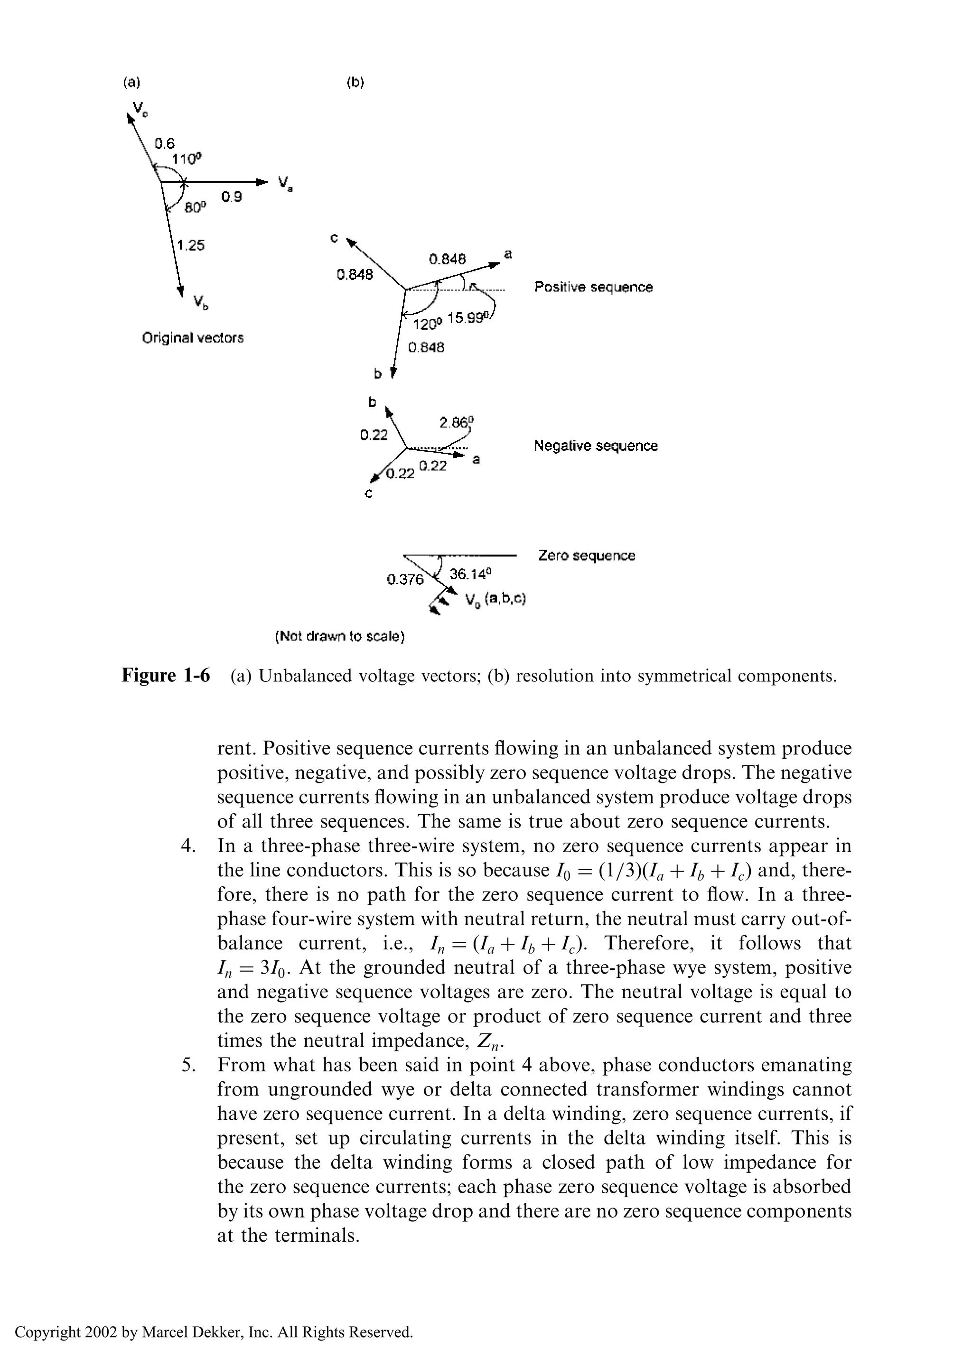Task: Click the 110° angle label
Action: [187, 158]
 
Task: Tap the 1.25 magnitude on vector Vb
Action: [191, 245]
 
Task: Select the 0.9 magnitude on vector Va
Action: [232, 196]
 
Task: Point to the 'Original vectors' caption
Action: [193, 337]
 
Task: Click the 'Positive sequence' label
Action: [593, 287]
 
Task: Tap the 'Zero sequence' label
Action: [587, 555]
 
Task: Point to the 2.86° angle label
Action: [457, 422]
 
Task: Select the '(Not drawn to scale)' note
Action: [340, 637]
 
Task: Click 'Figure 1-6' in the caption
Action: [166, 676]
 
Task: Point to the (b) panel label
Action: [355, 83]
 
